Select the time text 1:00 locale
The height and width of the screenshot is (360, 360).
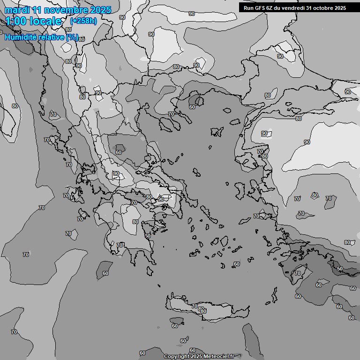[33, 21]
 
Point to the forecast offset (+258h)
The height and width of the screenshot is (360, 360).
[83, 21]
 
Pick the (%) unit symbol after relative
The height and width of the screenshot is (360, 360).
[72, 37]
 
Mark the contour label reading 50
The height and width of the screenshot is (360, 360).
[339, 269]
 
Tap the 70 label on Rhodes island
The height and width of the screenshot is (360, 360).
[298, 273]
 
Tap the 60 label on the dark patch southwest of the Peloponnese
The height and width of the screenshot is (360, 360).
[105, 273]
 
